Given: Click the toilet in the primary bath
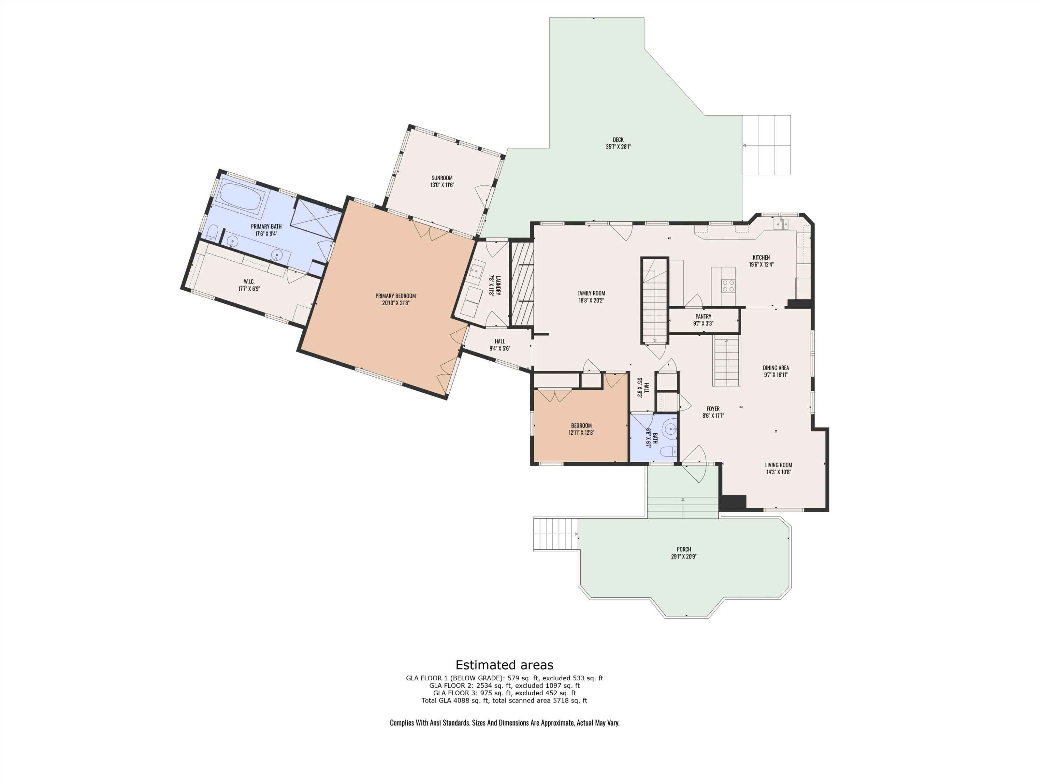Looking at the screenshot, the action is tap(212, 233).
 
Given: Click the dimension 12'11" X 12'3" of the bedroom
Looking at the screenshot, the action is tap(581, 432).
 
